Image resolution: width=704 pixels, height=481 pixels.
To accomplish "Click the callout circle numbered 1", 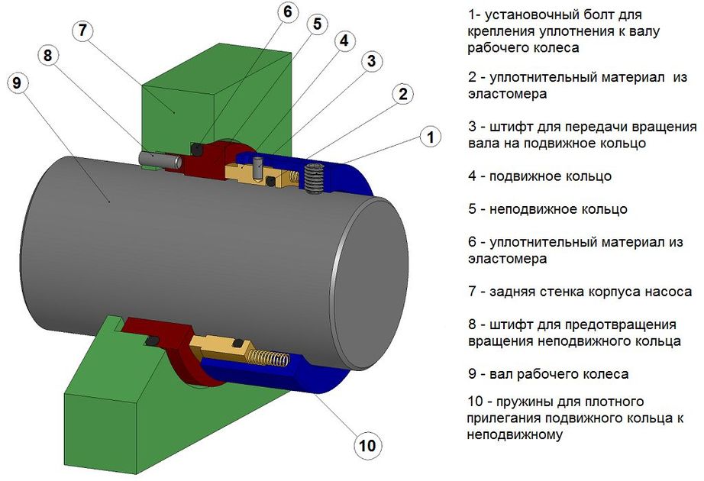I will click(431, 137).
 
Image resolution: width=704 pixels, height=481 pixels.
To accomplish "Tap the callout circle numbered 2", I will click(404, 95).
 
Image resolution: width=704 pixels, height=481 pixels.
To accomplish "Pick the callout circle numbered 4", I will click(344, 41).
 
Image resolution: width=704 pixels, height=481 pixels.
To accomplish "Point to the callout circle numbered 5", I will click(316, 24).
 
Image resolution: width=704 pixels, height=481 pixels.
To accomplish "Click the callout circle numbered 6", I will click(285, 13).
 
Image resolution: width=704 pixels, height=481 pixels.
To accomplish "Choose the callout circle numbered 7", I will click(82, 31).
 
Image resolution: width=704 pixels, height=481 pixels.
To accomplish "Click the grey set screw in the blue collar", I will click(313, 179).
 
